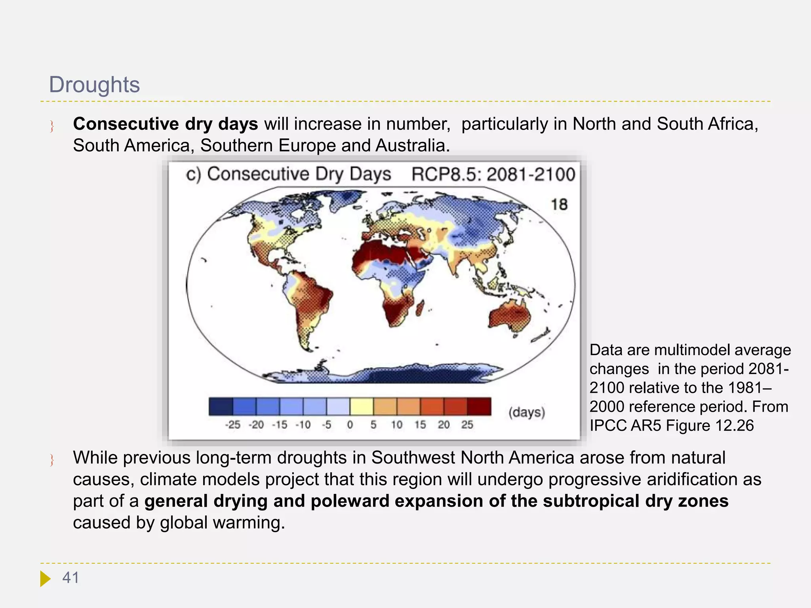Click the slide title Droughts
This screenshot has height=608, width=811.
click(x=94, y=85)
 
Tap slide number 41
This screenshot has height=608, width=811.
click(x=71, y=578)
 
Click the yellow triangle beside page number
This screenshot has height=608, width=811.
click(x=45, y=578)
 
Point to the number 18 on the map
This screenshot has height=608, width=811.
click(x=559, y=205)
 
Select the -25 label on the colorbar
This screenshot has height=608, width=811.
click(x=232, y=425)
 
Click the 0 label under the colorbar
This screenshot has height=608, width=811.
click(x=350, y=425)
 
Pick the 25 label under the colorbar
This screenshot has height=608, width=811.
click(x=467, y=425)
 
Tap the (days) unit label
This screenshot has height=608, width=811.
click(x=527, y=412)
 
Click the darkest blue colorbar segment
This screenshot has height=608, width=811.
click(x=221, y=407)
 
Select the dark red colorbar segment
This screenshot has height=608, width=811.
click(x=479, y=407)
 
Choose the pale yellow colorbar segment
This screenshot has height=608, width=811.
click(x=361, y=407)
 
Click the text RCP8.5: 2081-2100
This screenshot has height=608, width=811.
click(x=493, y=175)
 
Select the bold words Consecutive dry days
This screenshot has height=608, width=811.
click(x=166, y=124)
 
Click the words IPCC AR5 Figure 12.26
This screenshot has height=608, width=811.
click(x=672, y=426)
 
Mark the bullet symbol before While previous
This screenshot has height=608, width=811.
click(x=52, y=460)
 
